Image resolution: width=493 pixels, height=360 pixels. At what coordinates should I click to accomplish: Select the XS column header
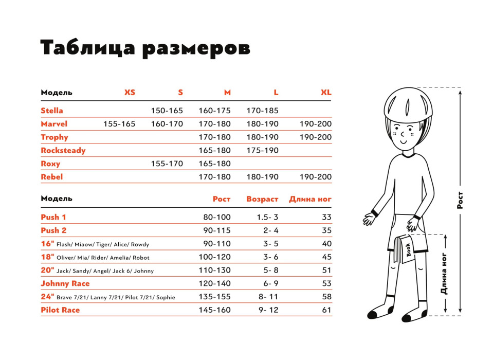(x=130, y=93)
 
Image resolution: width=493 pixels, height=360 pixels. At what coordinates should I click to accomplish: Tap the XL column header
(x=326, y=93)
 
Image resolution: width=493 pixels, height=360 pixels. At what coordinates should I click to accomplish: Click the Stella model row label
(x=52, y=111)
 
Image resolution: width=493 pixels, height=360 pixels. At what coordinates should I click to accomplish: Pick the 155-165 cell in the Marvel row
(x=119, y=124)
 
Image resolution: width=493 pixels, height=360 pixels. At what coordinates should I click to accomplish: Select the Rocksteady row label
(x=63, y=151)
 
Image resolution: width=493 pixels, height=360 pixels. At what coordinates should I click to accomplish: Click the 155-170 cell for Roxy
(x=167, y=164)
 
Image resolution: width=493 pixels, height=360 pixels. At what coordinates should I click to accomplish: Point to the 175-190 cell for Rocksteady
(x=263, y=151)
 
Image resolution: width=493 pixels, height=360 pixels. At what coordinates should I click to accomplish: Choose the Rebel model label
(x=51, y=177)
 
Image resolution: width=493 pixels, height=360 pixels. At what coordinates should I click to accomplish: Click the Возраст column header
(x=262, y=199)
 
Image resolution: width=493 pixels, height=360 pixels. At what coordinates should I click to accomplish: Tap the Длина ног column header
(x=310, y=199)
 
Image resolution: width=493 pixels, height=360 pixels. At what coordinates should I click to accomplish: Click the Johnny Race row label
(x=65, y=283)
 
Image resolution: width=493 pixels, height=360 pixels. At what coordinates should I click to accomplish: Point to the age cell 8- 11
(x=267, y=297)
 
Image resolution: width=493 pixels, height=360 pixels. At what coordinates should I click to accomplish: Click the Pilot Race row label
(x=60, y=310)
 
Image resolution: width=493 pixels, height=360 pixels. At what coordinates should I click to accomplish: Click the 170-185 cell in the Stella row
(x=263, y=111)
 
